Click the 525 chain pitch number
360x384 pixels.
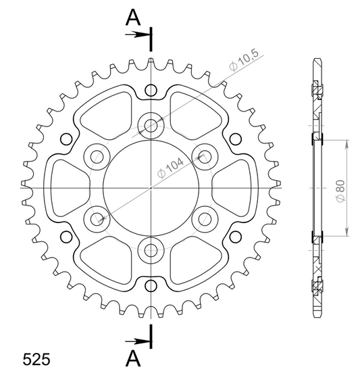point(36,360)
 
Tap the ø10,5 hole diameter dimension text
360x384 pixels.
point(244,59)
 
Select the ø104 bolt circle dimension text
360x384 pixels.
point(171,168)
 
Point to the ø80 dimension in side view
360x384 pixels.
point(340,191)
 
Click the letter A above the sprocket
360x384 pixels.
point(133,18)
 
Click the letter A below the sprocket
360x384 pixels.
point(133,358)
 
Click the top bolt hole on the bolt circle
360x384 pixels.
point(151,126)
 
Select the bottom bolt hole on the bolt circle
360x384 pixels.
point(151,250)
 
